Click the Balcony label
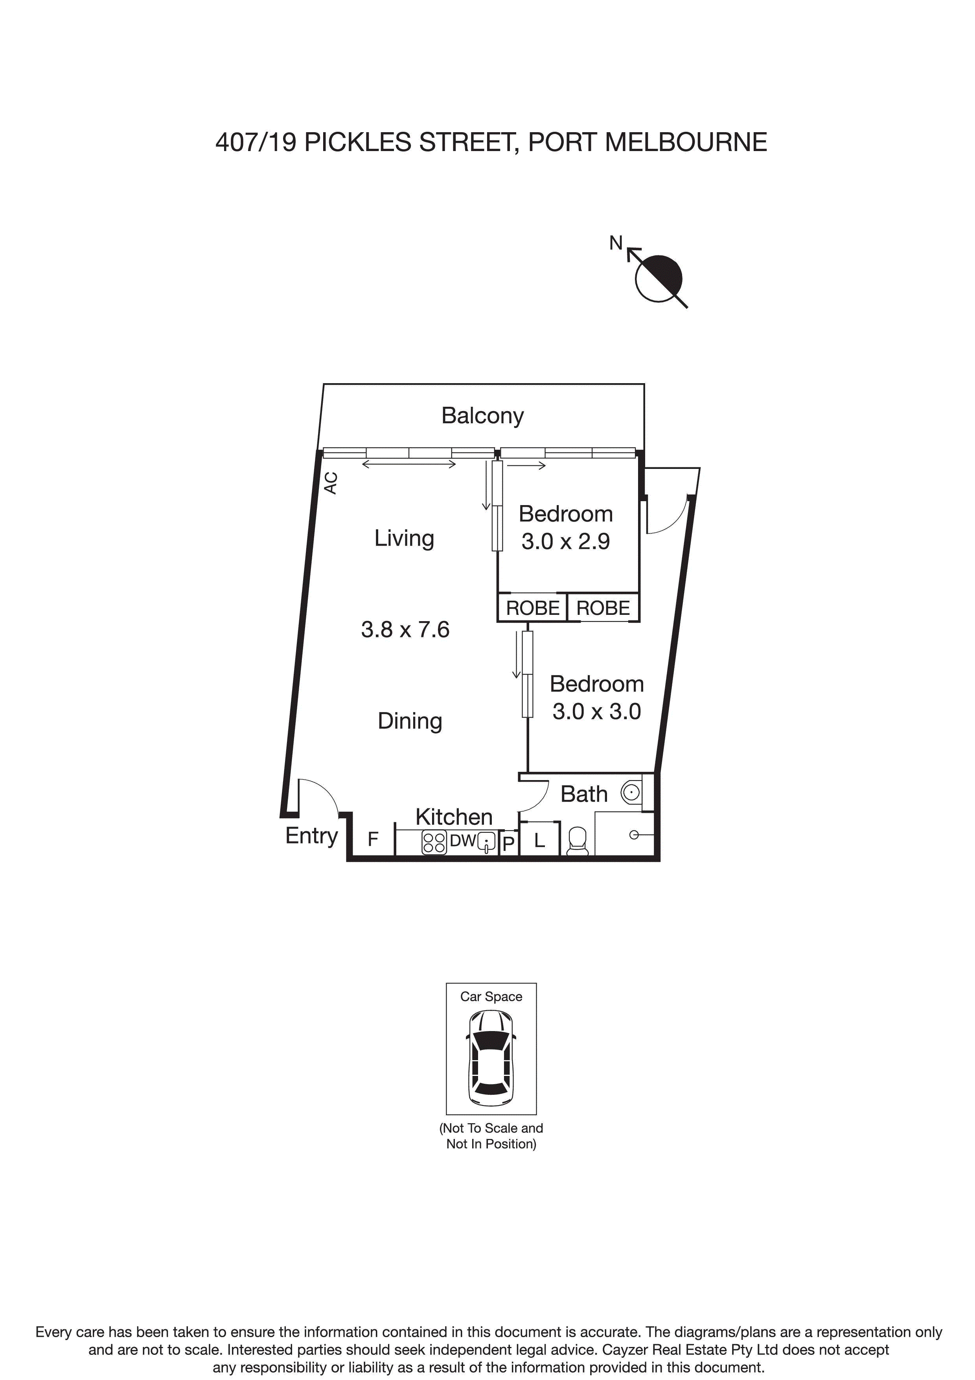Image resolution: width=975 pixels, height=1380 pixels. click(482, 416)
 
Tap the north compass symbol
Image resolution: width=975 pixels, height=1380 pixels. click(659, 278)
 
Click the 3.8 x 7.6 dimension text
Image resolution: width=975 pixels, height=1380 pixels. click(405, 630)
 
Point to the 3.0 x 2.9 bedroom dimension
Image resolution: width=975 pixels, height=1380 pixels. click(565, 542)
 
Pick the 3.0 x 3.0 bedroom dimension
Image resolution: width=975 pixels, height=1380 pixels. click(596, 712)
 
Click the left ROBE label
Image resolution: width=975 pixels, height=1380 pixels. click(532, 608)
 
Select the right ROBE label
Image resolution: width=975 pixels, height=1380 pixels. click(603, 608)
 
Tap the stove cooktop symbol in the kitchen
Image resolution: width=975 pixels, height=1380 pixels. click(434, 842)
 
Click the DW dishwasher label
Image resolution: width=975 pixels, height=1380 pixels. click(463, 841)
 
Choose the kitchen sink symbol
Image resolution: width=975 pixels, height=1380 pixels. click(487, 843)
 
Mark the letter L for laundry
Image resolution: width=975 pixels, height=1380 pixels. click(539, 841)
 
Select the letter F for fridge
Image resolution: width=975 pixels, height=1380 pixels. click(372, 839)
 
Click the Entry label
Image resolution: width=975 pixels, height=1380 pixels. click(311, 836)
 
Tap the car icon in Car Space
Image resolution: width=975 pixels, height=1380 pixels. click(491, 1061)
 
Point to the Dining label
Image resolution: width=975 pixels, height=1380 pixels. click(410, 721)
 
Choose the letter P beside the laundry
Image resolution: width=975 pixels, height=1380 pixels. click(508, 844)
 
